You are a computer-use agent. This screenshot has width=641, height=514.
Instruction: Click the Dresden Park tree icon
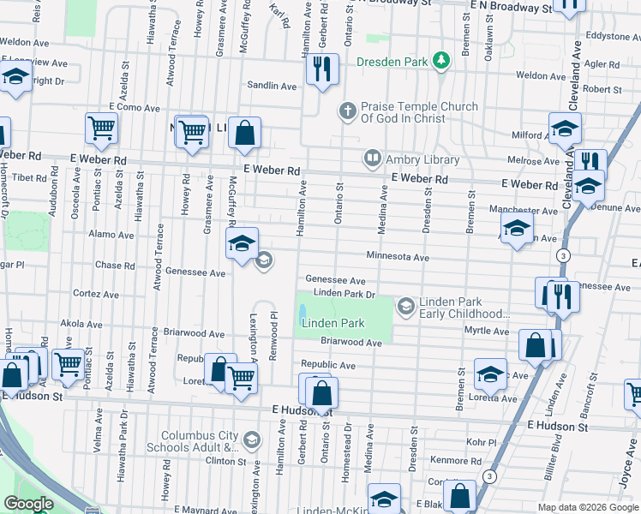pos(440,60)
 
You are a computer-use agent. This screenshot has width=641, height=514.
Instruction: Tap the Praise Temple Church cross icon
pos(347,110)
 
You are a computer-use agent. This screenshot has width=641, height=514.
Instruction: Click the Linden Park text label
pos(333,323)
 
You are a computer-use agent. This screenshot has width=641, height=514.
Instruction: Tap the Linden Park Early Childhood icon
pos(404,305)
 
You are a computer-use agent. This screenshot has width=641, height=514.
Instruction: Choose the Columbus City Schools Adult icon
pos(252,440)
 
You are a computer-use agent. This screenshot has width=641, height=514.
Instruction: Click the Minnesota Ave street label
pos(398,257)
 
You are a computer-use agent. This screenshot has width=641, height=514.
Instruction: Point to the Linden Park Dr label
pos(344,294)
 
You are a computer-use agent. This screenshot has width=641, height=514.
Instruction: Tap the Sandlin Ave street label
pos(272,87)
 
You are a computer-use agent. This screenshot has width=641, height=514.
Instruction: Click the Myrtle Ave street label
pos(487,331)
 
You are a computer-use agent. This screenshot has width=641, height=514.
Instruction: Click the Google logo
pos(28,504)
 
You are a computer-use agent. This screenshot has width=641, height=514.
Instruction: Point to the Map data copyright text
pos(587,507)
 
